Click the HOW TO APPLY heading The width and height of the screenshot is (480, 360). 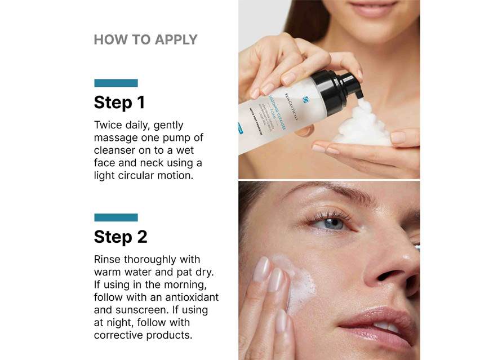pyautogui.click(x=145, y=40)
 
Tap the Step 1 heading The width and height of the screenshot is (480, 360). pyautogui.click(x=119, y=103)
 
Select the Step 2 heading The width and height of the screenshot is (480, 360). pyautogui.click(x=120, y=237)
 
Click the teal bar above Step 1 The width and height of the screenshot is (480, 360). pyautogui.click(x=115, y=83)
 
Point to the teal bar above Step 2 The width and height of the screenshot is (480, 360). pyautogui.click(x=115, y=217)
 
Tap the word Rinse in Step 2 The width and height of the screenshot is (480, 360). pyautogui.click(x=108, y=260)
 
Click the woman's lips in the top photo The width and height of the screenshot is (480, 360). pyautogui.click(x=372, y=8)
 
